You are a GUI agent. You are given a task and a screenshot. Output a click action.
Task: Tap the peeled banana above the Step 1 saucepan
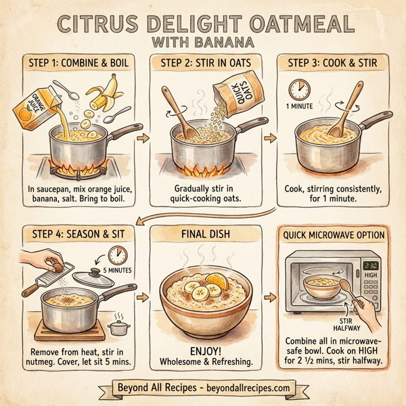[102, 95]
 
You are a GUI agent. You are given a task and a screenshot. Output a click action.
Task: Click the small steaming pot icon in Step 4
[120, 327]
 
